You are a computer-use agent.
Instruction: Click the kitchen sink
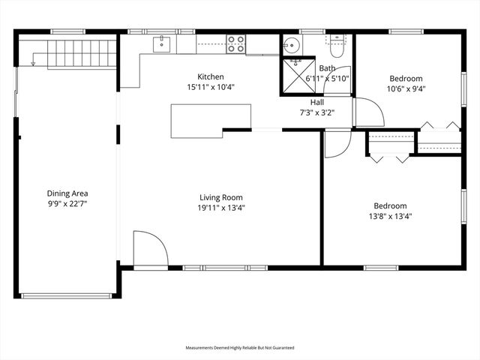163,45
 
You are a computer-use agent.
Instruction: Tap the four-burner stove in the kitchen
237,44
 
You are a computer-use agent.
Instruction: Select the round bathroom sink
291,45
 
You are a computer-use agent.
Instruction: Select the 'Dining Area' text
67,193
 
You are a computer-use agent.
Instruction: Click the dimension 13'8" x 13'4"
391,216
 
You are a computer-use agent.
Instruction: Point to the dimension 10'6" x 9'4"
406,88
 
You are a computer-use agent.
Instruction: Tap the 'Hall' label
318,103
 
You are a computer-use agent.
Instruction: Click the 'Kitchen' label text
211,76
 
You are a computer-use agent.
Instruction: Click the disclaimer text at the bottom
240,348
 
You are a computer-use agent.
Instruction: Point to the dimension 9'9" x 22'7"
67,203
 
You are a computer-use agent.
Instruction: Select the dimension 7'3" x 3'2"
318,113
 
